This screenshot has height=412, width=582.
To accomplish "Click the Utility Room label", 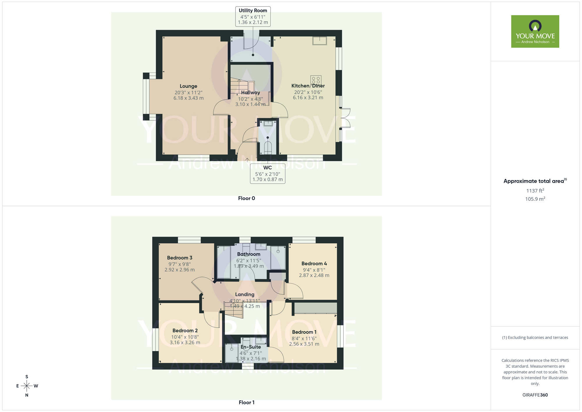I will click(x=253, y=10).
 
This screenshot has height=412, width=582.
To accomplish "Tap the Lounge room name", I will click(x=188, y=86).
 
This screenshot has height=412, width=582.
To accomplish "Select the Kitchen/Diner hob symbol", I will click(x=316, y=80).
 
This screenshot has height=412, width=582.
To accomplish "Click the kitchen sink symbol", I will click(x=320, y=41).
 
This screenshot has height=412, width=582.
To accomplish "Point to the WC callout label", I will click(x=267, y=168).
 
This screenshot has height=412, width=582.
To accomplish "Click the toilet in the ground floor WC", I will click(x=268, y=148).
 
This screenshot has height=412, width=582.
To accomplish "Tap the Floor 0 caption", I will click(x=246, y=198).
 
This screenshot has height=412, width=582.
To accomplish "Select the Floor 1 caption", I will click(x=246, y=402).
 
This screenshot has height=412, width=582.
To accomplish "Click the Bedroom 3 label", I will click(x=180, y=258).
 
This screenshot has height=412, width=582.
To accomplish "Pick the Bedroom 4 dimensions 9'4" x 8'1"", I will click(x=314, y=270).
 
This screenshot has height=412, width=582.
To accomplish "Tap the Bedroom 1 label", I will click(x=304, y=332).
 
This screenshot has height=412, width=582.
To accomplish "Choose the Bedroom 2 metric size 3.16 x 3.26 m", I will click(x=185, y=343).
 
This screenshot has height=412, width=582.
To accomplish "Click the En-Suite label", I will click(x=251, y=347).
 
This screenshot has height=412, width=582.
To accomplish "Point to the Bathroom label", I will click(x=249, y=254).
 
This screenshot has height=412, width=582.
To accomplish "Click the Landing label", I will click(x=245, y=295).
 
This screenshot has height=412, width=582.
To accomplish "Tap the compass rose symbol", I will click(x=27, y=386).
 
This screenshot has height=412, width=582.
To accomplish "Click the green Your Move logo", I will click(x=535, y=31).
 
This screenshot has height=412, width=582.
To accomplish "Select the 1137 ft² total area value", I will click(x=535, y=191).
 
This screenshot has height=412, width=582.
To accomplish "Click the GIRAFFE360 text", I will click(x=535, y=395).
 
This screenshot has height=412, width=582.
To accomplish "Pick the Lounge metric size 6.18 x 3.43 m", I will click(x=188, y=98).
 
